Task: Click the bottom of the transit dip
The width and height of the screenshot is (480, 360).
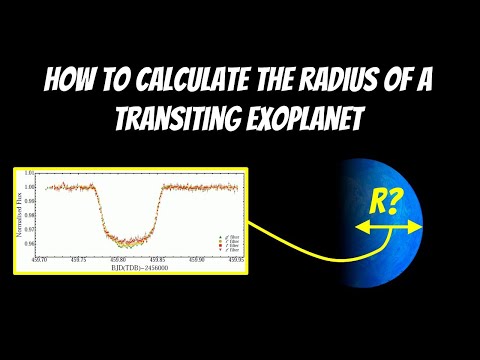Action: (x=127, y=238)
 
